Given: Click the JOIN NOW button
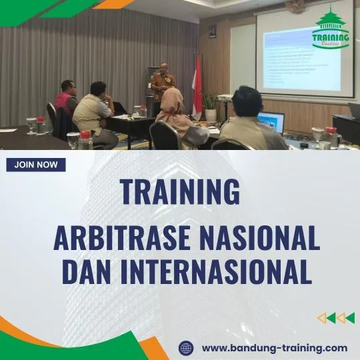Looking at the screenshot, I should pos(36,165).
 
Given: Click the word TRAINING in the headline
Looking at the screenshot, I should pos(180,192).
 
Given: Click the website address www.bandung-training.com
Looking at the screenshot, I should pos(274,348).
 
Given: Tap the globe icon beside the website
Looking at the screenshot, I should pos(186,348).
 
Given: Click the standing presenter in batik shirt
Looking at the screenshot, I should pos(162,85).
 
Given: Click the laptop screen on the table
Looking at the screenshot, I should pos(271,122).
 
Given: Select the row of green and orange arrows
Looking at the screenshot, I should pos(335,318).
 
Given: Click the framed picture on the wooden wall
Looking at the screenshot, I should pos(212,31).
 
